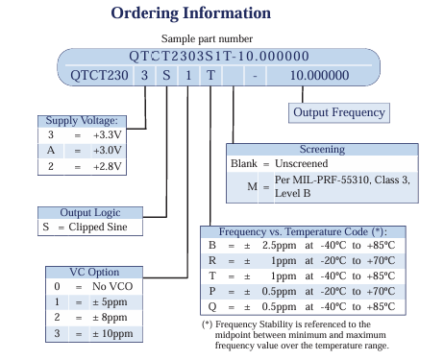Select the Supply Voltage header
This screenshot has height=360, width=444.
tap(82, 120)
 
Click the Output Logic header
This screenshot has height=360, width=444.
tap(90, 213)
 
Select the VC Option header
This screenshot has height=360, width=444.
tap(95, 272)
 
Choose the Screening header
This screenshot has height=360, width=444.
tap(322, 150)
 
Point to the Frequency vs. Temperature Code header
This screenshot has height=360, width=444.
tap(304, 232)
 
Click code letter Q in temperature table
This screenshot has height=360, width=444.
tap(211, 306)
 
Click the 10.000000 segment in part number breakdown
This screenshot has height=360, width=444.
tap(319, 74)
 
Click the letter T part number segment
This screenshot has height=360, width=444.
tap(211, 74)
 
